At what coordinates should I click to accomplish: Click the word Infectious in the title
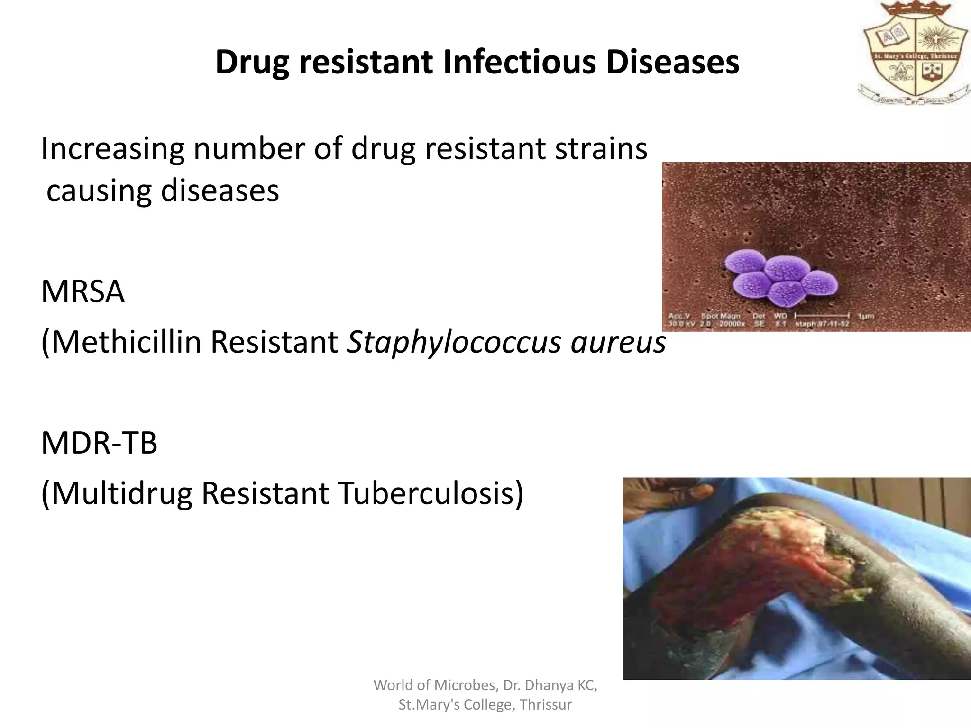[519, 63]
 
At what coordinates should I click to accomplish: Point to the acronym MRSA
[82, 292]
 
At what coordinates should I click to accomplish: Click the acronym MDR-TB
[99, 443]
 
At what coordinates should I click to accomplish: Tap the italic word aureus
[618, 342]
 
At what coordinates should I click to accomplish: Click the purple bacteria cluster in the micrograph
[780, 281]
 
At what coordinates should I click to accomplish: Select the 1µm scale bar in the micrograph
[822, 315]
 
